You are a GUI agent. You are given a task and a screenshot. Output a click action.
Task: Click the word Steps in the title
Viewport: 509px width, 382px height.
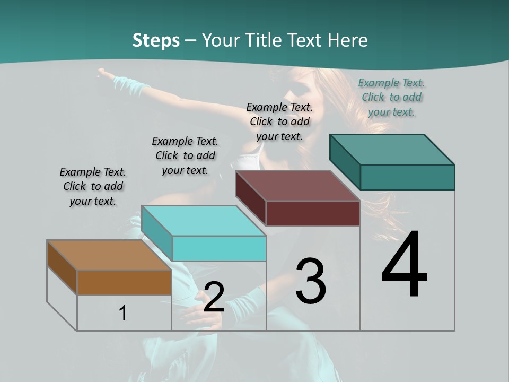156,40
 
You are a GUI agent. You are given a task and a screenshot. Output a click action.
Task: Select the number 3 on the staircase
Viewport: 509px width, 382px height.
311,281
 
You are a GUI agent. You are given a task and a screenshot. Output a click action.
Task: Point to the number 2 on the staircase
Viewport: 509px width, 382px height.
214,297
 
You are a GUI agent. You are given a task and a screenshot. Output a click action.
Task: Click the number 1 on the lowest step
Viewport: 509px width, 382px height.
123,313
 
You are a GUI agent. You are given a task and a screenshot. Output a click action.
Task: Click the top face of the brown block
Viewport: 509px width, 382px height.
109,255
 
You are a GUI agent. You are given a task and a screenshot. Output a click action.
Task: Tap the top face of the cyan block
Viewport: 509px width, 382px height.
204,221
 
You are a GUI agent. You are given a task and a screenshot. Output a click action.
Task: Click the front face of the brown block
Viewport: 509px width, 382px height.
124,282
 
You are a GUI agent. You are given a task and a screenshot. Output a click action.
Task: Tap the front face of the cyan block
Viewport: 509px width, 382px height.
219,248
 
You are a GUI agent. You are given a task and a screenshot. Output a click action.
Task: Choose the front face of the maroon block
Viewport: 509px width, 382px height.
313,213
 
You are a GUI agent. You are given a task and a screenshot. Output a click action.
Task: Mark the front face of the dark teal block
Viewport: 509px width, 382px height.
407,177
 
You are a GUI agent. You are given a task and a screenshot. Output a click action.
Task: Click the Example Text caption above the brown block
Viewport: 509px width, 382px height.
93,186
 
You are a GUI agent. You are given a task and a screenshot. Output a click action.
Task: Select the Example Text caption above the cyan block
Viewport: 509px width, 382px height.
185,155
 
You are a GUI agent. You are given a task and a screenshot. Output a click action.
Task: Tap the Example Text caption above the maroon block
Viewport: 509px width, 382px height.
279,121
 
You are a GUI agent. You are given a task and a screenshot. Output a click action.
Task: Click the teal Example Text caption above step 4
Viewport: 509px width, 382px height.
391,97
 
